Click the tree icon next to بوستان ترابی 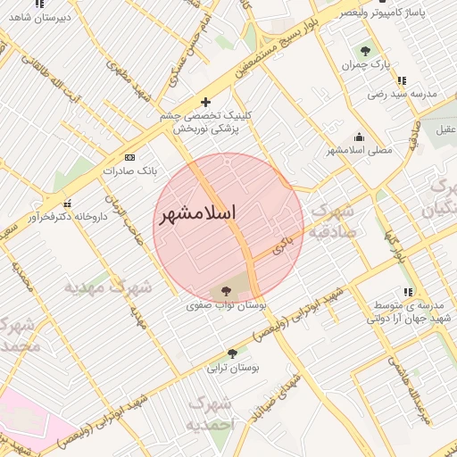(232, 353)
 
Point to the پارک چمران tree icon (364, 51)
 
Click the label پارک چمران (366, 66)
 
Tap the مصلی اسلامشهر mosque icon (359, 137)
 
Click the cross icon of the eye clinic (206, 102)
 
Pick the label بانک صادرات (129, 170)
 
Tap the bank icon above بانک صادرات (129, 156)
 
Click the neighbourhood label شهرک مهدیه (108, 287)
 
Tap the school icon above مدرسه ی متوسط (408, 292)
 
